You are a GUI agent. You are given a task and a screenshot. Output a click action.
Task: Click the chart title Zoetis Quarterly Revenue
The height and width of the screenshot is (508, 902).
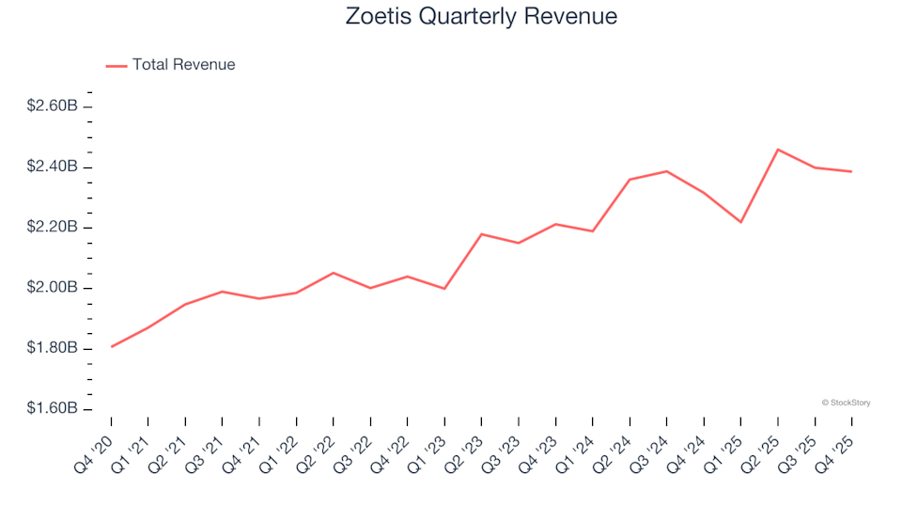[481, 17]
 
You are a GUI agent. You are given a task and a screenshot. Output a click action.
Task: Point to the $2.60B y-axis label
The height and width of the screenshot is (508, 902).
[52, 106]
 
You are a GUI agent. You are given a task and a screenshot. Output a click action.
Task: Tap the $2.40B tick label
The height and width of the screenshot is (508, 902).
[52, 167]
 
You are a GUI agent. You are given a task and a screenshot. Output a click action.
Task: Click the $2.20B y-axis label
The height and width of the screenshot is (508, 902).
[52, 228]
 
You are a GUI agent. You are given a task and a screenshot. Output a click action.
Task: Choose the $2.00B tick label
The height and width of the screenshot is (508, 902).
[52, 288]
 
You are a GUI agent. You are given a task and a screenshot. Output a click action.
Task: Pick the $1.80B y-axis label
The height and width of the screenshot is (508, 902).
[52, 349]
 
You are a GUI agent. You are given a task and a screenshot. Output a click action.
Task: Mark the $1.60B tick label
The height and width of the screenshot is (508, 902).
[52, 409]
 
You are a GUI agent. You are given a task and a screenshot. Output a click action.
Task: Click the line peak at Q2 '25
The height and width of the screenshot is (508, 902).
[778, 150]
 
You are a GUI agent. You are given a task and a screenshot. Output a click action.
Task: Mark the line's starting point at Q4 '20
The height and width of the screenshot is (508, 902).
[112, 347]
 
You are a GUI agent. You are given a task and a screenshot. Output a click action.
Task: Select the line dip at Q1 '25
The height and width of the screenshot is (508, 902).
[741, 222]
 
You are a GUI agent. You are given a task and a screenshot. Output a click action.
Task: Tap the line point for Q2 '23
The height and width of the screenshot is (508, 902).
[482, 234]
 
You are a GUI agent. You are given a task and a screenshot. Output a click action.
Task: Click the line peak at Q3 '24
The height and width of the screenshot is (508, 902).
[667, 171]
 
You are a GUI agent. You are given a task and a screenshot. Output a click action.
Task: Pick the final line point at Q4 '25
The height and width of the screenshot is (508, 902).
[852, 171]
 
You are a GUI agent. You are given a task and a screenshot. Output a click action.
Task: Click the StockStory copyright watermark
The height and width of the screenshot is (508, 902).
[846, 403]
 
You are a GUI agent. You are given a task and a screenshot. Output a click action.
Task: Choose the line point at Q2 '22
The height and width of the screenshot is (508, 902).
[334, 273]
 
